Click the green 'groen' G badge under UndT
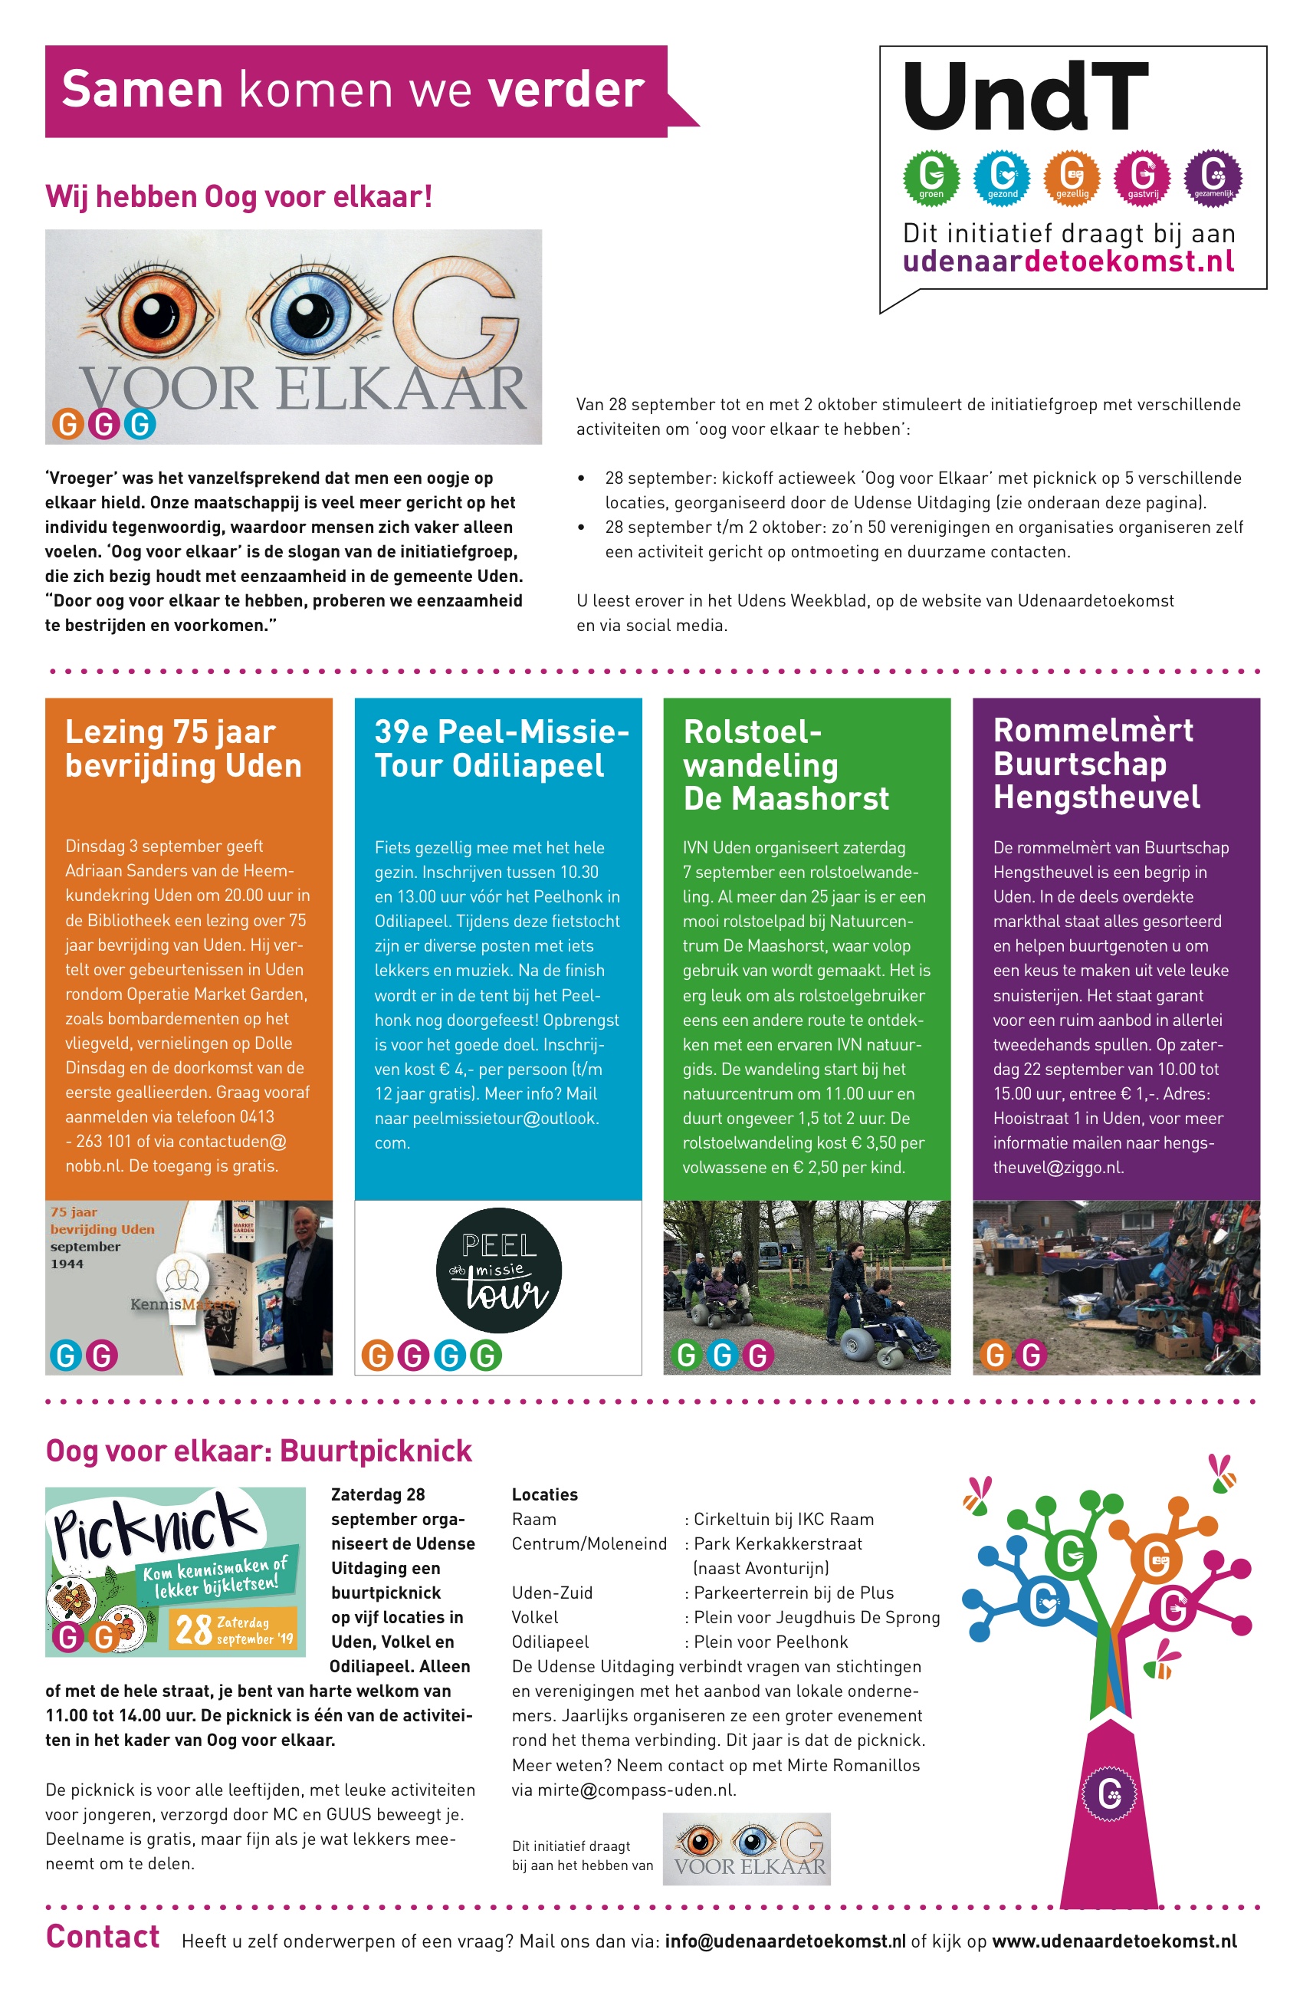pyautogui.click(x=931, y=177)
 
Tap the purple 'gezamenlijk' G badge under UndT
pyautogui.click(x=1213, y=177)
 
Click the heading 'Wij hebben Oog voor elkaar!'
pyautogui.click(x=238, y=196)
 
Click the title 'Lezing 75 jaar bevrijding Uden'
pyautogui.click(x=183, y=748)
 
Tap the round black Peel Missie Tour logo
pyautogui.click(x=498, y=1269)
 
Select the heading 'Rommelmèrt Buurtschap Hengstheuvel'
pyautogui.click(x=1095, y=763)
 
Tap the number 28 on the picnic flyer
pyautogui.click(x=192, y=1630)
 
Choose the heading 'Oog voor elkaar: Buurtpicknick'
pyautogui.click(x=259, y=1451)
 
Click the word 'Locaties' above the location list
pyautogui.click(x=544, y=1494)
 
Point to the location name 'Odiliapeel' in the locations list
pyautogui.click(x=550, y=1642)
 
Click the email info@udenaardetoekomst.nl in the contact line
pyautogui.click(x=785, y=1941)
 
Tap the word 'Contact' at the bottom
pyautogui.click(x=102, y=1937)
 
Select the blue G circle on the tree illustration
pyautogui.click(x=1043, y=1602)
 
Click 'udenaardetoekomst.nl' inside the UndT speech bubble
pyautogui.click(x=1068, y=261)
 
